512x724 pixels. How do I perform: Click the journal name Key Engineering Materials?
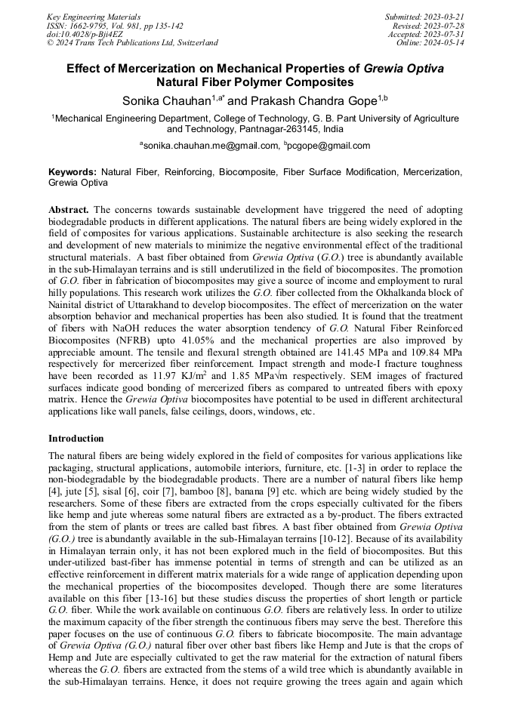pos(93,16)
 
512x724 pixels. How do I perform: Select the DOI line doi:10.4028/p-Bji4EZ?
pos(85,34)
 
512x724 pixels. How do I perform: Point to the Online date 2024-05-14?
pos(445,43)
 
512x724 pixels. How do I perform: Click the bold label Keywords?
pos(73,173)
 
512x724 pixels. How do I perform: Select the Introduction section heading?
pos(76,439)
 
